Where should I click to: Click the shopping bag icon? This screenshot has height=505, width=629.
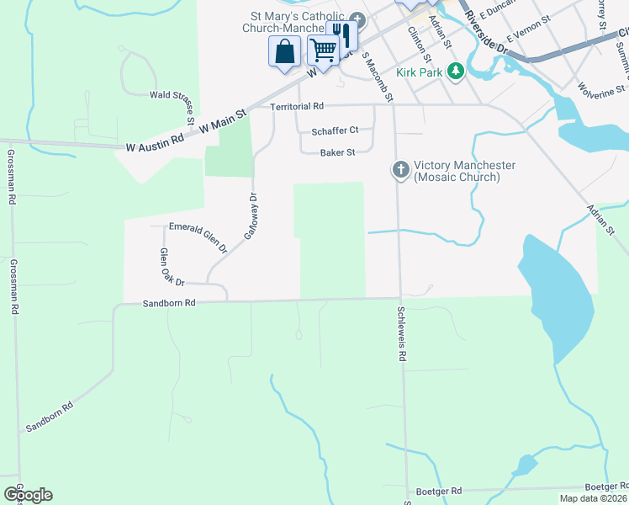(x=285, y=51)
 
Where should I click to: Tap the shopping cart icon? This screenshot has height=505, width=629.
(x=322, y=50)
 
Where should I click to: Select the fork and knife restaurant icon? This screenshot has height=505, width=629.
(x=342, y=35)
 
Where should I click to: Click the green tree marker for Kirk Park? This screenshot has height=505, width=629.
(x=456, y=71)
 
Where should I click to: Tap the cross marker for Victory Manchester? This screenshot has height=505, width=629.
(x=400, y=171)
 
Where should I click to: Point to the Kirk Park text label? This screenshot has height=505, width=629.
(x=420, y=72)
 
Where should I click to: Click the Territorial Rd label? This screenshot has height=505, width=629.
(x=297, y=107)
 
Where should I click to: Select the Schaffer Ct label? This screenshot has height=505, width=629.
(x=335, y=130)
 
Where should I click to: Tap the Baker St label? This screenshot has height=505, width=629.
(x=338, y=152)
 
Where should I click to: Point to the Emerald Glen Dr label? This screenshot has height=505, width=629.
(x=198, y=237)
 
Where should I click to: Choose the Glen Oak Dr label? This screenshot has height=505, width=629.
(x=172, y=267)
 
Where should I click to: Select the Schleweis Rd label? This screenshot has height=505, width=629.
(x=402, y=333)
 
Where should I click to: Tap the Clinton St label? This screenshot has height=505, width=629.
(x=419, y=44)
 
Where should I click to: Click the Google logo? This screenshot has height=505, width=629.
(x=28, y=495)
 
